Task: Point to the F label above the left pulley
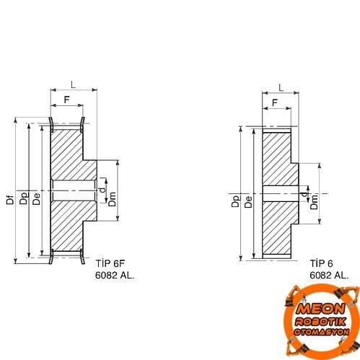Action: (x=67, y=99)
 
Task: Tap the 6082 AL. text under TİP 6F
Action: (x=115, y=275)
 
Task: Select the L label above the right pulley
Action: (x=280, y=88)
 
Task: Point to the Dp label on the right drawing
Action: (x=236, y=201)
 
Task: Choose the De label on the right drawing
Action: (x=247, y=201)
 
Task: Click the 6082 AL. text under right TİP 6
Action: (x=329, y=275)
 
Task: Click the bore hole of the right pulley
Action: (x=278, y=193)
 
